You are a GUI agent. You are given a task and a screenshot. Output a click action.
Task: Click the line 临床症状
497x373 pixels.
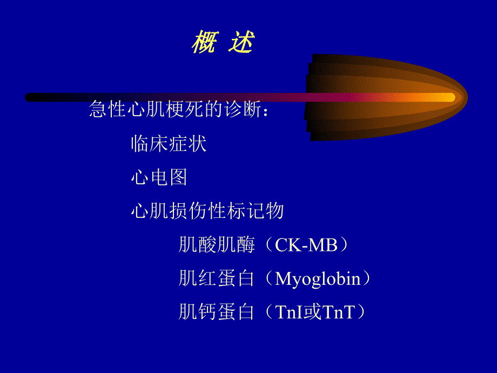169,144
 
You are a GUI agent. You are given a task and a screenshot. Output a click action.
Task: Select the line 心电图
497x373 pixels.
159,177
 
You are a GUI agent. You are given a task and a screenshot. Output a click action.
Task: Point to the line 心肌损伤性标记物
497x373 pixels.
207,211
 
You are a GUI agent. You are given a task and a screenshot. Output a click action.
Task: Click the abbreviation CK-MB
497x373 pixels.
306,245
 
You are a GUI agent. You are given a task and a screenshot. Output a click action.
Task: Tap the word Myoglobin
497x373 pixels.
318,279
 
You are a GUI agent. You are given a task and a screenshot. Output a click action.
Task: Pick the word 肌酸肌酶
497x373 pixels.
216,245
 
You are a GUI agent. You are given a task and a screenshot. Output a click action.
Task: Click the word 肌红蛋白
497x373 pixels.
216,279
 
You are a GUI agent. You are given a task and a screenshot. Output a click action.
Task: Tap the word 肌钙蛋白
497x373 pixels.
216,312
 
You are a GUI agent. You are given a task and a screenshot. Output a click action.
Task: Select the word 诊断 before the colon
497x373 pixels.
241,110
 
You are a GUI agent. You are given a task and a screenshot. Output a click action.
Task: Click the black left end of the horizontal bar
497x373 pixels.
30,97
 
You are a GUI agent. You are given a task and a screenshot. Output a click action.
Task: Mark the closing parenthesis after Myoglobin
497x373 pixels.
367,279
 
